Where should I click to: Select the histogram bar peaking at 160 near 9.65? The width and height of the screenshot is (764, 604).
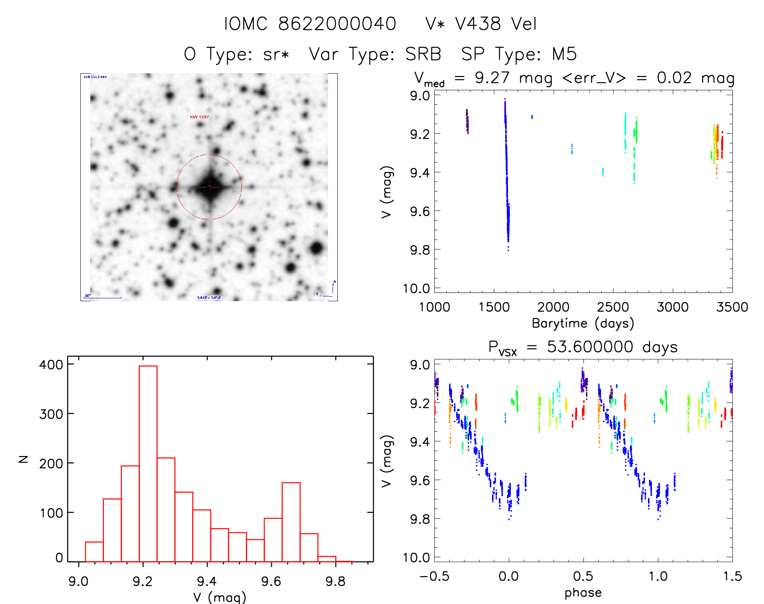[x=291, y=522]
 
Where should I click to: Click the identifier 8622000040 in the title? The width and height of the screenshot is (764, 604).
[x=337, y=24]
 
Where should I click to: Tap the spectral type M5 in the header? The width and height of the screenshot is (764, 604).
[x=564, y=54]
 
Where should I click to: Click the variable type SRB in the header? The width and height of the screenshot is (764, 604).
[x=423, y=54]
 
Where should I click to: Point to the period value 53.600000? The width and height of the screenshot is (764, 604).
[x=590, y=347]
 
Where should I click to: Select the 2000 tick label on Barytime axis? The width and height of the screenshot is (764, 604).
[x=553, y=307]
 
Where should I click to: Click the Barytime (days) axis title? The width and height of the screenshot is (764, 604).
[x=583, y=323]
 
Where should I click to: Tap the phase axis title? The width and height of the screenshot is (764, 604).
[x=583, y=593]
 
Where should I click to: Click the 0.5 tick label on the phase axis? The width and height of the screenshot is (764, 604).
[x=583, y=577]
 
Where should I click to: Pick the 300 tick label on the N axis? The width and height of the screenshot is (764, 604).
[x=51, y=414]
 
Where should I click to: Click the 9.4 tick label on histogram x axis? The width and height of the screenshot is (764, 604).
[x=207, y=581]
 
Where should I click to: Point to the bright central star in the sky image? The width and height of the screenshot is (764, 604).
[x=210, y=187]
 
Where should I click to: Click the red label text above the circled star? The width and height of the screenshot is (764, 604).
[x=199, y=117]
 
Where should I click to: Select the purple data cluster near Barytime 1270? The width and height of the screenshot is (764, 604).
[x=467, y=120]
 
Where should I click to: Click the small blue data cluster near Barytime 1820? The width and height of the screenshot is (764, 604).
[x=532, y=117]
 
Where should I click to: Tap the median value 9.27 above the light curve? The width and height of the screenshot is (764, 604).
[x=492, y=78]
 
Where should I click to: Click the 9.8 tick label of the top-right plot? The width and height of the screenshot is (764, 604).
[x=420, y=250]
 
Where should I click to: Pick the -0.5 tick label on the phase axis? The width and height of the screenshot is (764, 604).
[x=434, y=577]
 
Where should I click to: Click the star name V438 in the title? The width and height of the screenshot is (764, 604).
[x=478, y=24]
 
